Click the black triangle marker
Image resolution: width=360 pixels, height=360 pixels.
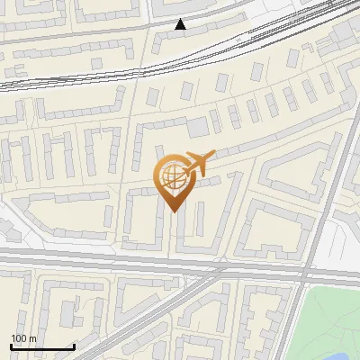point(181,24)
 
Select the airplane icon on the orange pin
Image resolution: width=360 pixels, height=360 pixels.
point(195,164)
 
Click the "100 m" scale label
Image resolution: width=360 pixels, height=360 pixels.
point(23,338)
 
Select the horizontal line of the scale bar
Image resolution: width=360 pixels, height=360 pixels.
point(41,346)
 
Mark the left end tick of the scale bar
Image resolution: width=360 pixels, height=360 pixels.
point(11,345)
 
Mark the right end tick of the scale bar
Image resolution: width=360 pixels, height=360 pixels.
point(73,345)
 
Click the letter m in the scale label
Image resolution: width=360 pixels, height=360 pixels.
point(32,338)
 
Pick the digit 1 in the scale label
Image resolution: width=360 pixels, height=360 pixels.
point(13,338)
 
